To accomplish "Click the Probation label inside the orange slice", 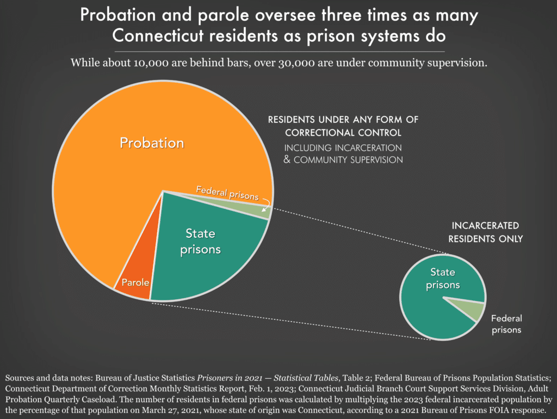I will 152,143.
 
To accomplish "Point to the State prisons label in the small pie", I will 442,278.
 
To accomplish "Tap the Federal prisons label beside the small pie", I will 506,324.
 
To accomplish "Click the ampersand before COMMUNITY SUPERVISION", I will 288,160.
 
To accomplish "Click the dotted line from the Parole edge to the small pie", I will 283,322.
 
